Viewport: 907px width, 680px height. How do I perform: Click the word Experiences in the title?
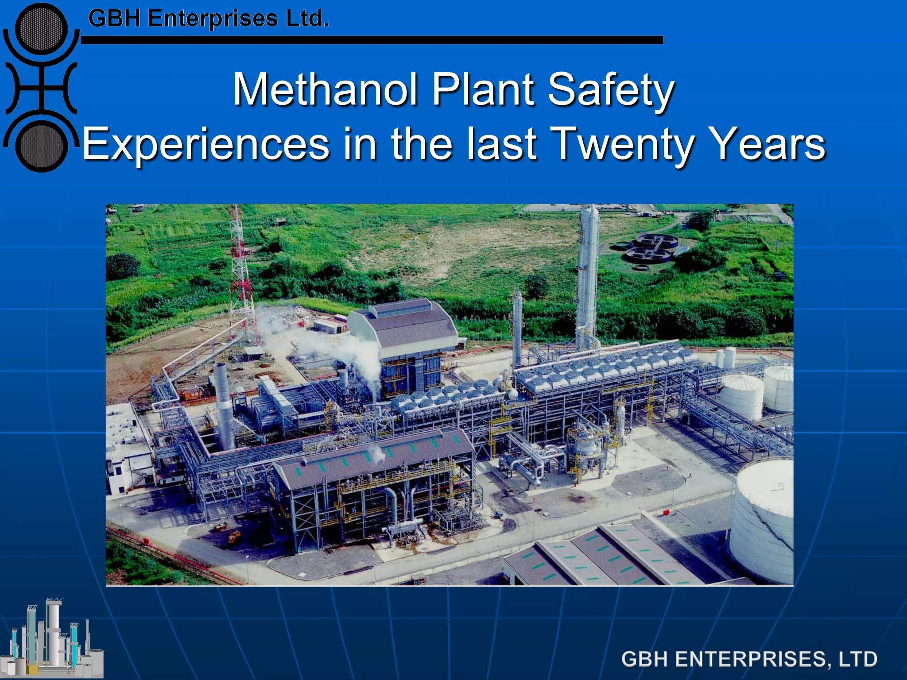(x=206, y=144)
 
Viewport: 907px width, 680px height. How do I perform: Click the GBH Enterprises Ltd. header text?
(x=208, y=19)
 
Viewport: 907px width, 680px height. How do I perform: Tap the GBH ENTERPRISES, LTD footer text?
(x=749, y=659)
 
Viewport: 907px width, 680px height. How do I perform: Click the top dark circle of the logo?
(x=41, y=29)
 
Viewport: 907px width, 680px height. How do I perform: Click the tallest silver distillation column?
(x=588, y=274)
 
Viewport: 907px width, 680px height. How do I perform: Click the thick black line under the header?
(x=372, y=40)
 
